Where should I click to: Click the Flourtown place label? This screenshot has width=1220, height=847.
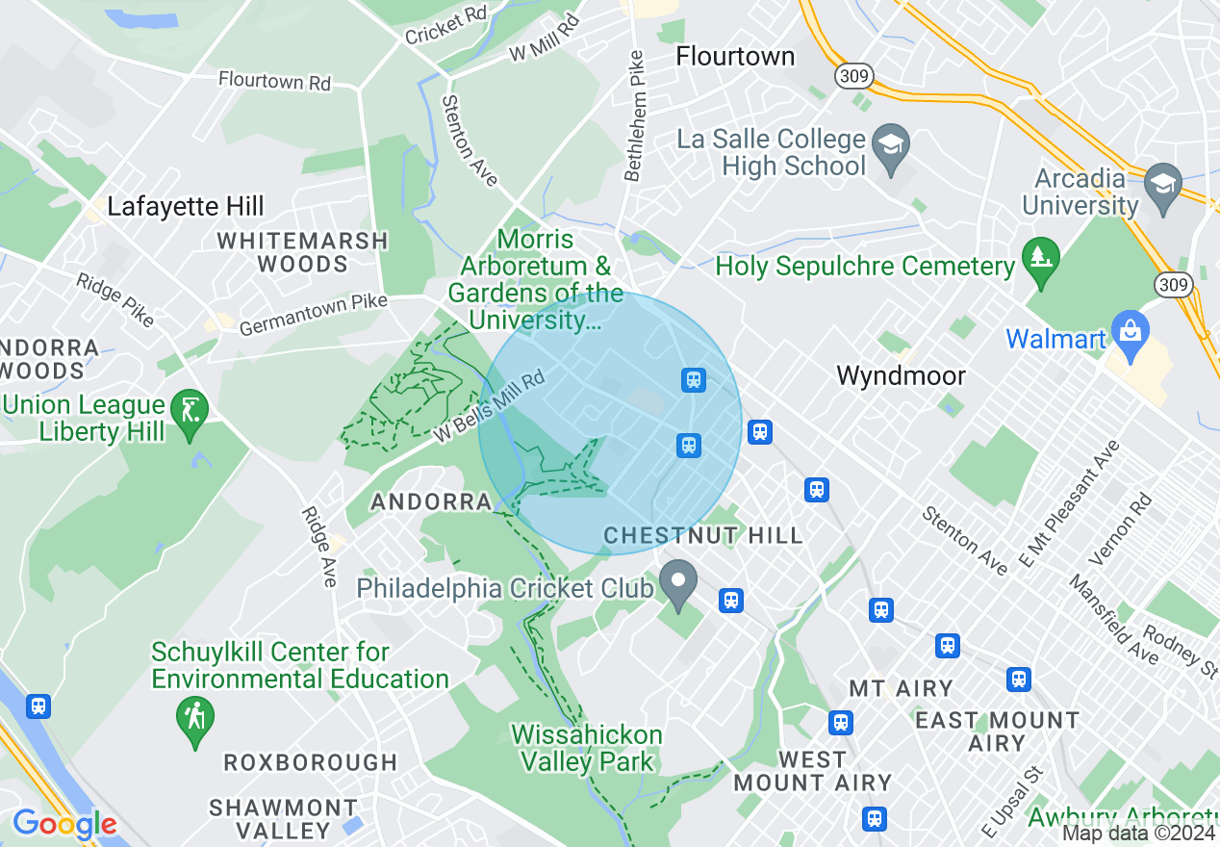(735, 56)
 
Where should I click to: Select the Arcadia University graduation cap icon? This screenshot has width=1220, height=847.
(1163, 180)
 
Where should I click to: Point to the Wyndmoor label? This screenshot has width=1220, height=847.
(901, 375)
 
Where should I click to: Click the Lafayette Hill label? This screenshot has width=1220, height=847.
(186, 206)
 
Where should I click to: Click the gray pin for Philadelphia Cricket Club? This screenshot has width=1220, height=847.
(679, 583)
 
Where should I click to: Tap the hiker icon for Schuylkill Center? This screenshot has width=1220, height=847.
(196, 718)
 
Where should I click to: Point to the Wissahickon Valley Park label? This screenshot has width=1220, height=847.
(587, 748)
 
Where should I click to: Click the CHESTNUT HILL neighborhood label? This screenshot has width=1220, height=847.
(703, 535)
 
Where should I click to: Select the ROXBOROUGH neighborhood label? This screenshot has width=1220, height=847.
(311, 762)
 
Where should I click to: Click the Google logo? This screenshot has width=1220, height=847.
(64, 824)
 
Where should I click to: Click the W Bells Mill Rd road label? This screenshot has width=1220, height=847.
(489, 406)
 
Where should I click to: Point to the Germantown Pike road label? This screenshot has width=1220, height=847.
(313, 316)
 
